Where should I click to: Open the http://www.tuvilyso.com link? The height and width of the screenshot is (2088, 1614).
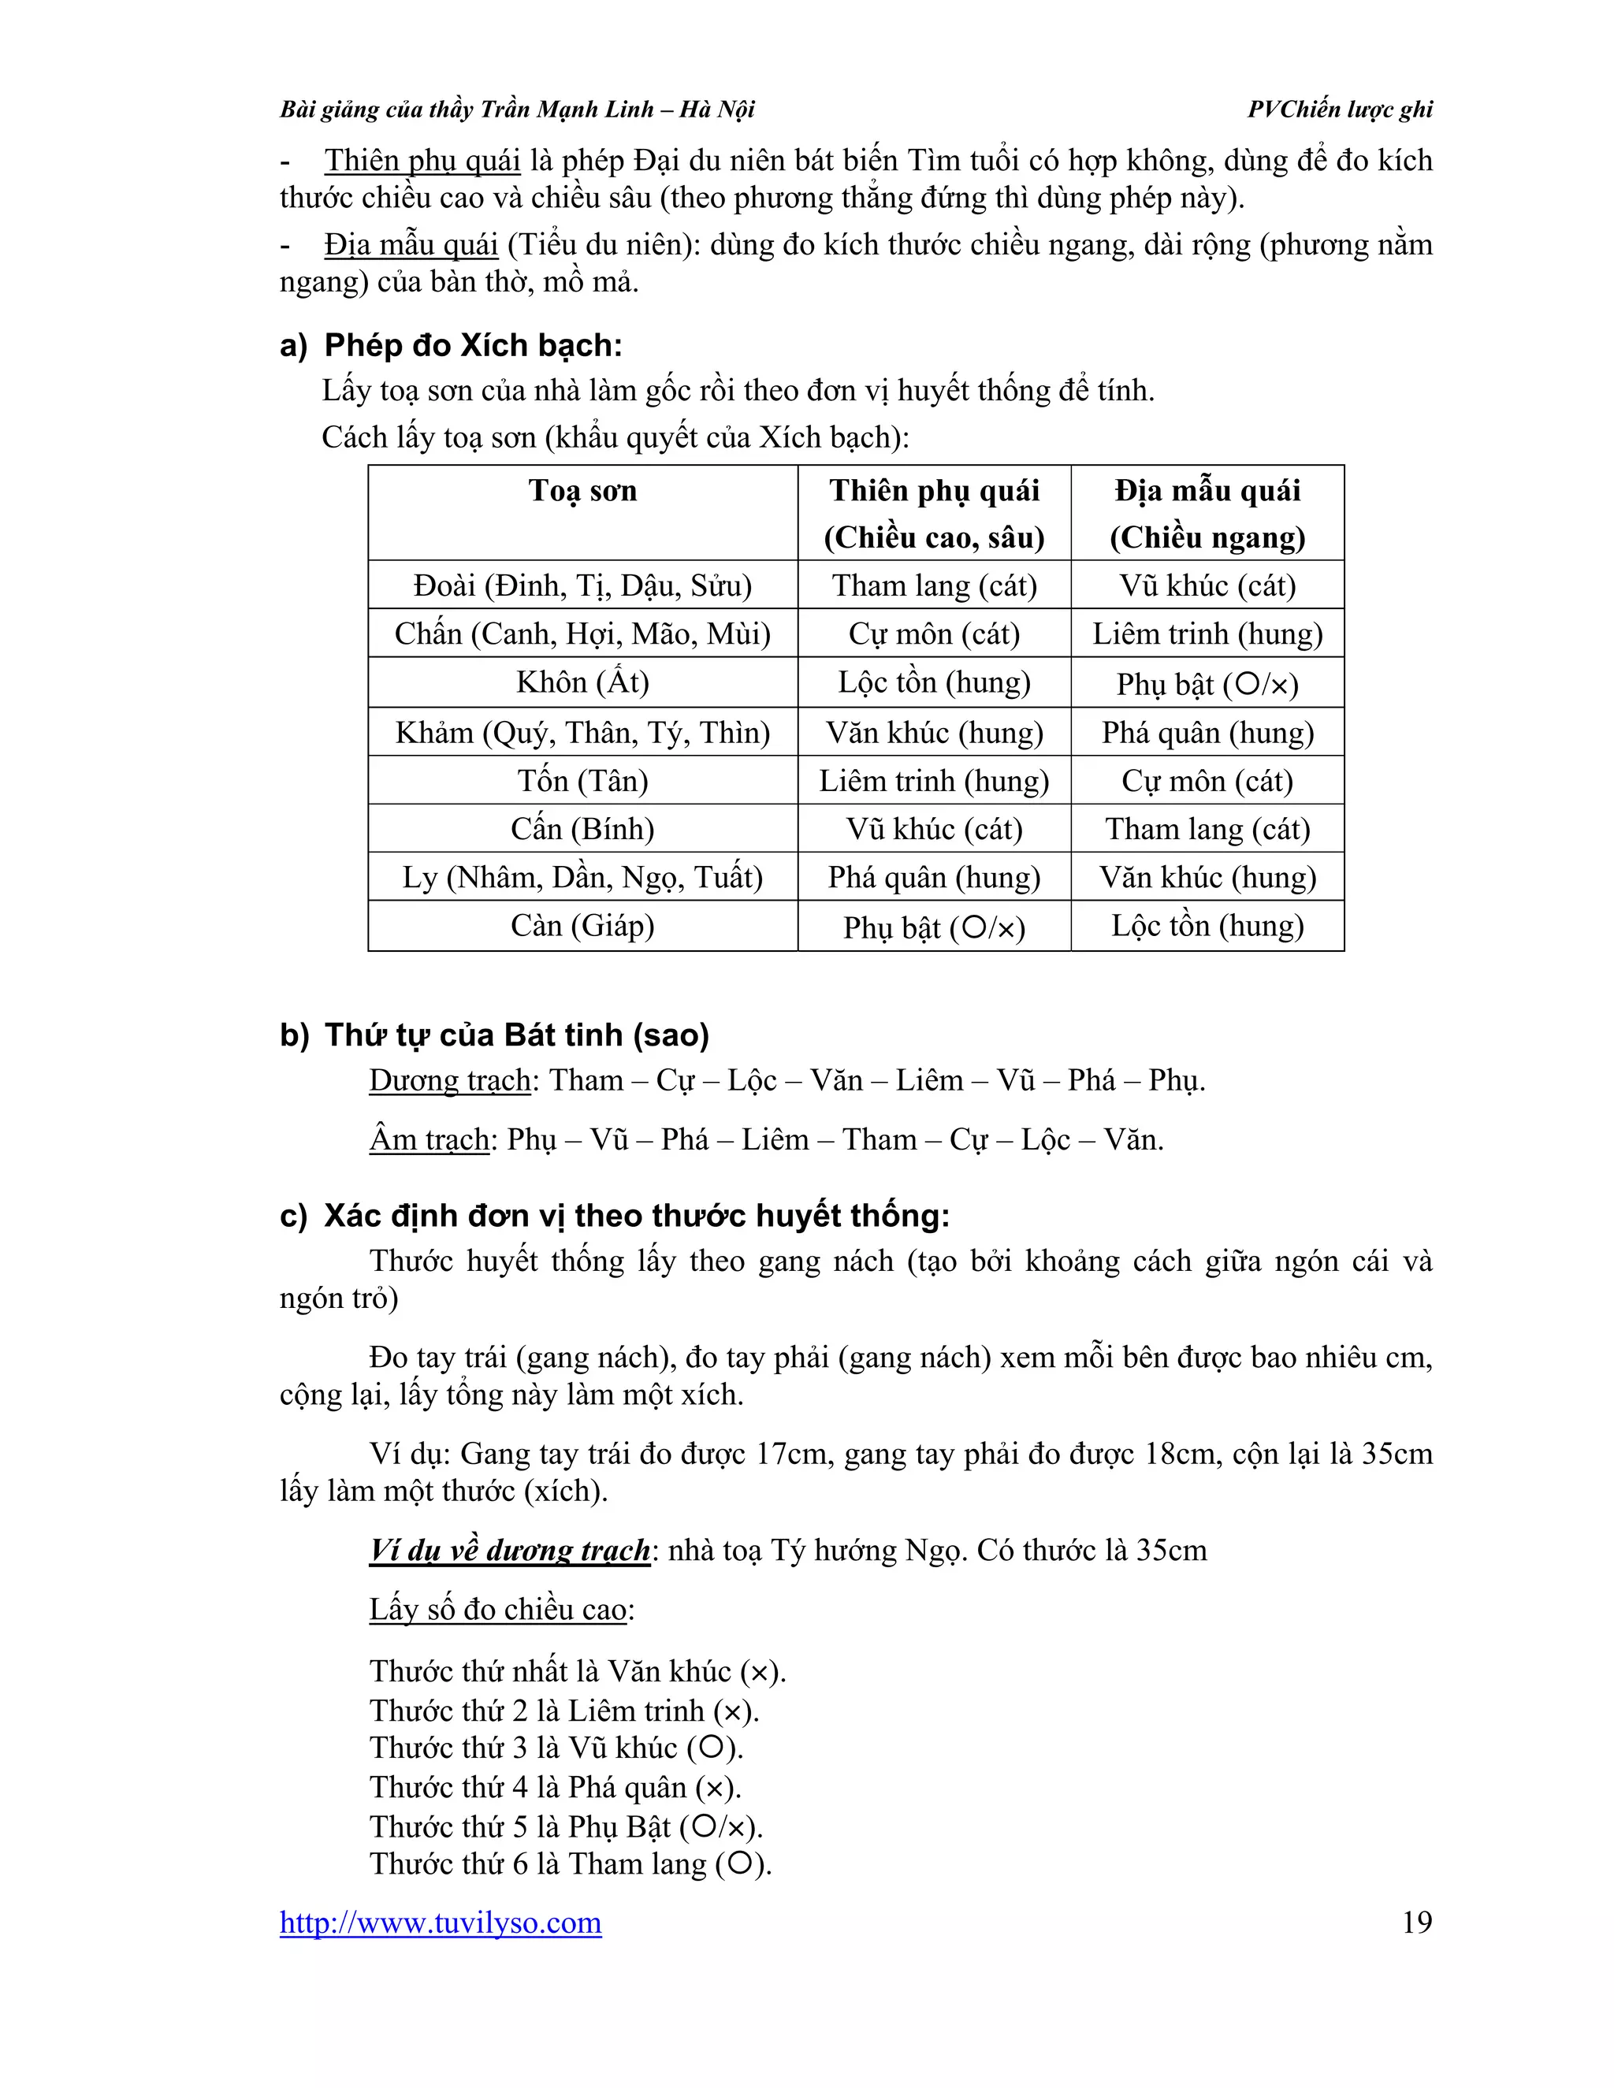coord(441,1923)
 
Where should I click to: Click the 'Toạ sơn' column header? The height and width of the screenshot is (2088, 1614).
coord(582,492)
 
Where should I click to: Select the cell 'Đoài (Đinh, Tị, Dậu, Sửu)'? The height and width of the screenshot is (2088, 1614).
coord(582,585)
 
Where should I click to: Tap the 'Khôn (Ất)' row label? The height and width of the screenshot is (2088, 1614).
coord(582,682)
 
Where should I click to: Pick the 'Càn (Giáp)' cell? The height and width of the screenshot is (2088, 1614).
coord(582,926)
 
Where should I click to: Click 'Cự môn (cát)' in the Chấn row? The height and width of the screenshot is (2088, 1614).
coord(933,633)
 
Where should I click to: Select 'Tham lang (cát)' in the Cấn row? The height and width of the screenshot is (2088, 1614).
coord(1207,829)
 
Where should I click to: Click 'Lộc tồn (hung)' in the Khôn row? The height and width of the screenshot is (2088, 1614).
coord(933,682)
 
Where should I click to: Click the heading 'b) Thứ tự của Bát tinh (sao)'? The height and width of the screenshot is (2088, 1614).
coord(494,1035)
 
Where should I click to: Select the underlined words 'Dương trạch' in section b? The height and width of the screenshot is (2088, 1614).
coord(450,1080)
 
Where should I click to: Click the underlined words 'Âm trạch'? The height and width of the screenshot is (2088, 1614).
coord(430,1139)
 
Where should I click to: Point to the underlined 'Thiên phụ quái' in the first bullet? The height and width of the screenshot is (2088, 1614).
coord(422,161)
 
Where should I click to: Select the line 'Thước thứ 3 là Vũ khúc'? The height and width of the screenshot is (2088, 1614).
coord(556,1748)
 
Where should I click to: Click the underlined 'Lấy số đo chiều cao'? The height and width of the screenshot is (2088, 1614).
coord(498,1609)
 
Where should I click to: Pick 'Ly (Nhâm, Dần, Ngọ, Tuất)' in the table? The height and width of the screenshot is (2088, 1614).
coord(582,878)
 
